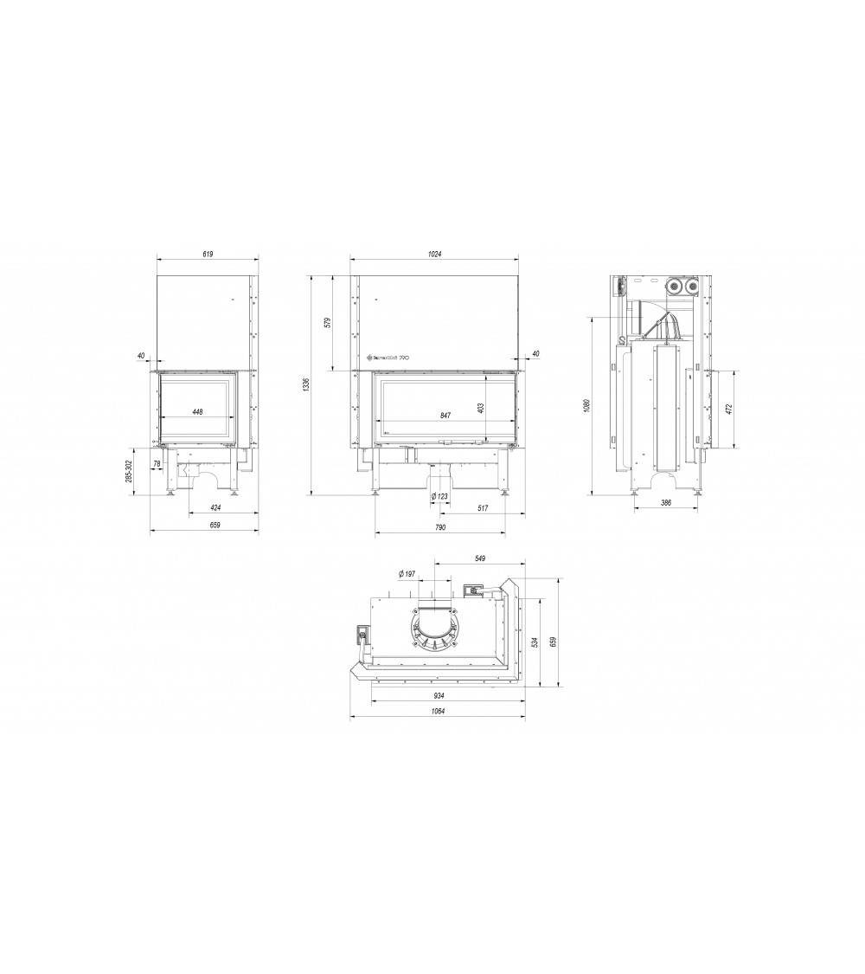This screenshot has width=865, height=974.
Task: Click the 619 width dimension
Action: pos(208,255)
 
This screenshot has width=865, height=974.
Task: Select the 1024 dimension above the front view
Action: pos(434,255)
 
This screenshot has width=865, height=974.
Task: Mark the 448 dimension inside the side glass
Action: pos(197,412)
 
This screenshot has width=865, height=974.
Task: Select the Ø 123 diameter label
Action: pos(439,496)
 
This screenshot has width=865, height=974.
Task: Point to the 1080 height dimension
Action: pos(586,406)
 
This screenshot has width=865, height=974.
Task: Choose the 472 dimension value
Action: pos(729,409)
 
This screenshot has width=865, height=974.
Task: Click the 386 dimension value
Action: pos(666,501)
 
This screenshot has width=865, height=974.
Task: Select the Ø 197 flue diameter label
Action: pos(407,574)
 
